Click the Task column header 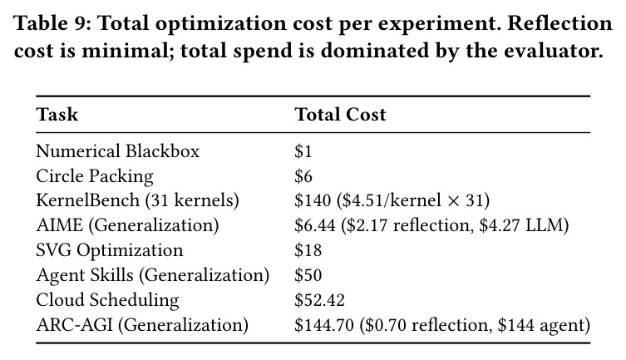pyautogui.click(x=57, y=115)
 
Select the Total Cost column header pyautogui.click(x=341, y=115)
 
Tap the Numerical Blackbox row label pyautogui.click(x=118, y=151)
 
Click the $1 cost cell pyautogui.click(x=303, y=151)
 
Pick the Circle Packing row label pyautogui.click(x=95, y=176)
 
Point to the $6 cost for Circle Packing pyautogui.click(x=303, y=176)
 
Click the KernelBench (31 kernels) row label pyautogui.click(x=138, y=200)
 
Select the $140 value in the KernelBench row pyautogui.click(x=313, y=200)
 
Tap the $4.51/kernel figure pyautogui.click(x=388, y=200)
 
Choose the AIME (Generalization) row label pyautogui.click(x=128, y=225)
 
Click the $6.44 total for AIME pyautogui.click(x=315, y=225)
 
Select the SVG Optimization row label pyautogui.click(x=110, y=250)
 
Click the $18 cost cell pyautogui.click(x=308, y=250)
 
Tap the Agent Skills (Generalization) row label pyautogui.click(x=153, y=275)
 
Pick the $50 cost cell pyautogui.click(x=308, y=275)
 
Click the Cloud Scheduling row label pyautogui.click(x=108, y=300)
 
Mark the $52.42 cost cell pyautogui.click(x=319, y=300)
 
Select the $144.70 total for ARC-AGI pyautogui.click(x=324, y=325)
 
